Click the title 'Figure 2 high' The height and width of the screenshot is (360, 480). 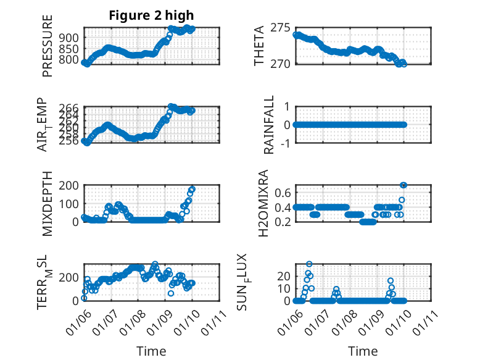tap(151, 15)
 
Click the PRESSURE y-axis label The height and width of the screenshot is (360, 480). tap(48, 46)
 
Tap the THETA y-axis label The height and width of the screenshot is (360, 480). tap(259, 46)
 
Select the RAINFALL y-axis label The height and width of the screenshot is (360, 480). tap(269, 125)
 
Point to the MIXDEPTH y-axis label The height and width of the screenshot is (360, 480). tap(48, 204)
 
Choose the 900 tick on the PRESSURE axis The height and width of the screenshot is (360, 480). tap(70, 38)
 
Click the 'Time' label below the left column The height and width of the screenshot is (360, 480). tap(151, 351)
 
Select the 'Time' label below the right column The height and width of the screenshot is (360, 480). tap(363, 351)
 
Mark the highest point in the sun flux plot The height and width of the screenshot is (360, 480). tap(309, 264)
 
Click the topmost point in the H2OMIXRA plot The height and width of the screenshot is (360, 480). tap(403, 185)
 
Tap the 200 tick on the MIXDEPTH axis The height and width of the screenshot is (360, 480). tap(70, 185)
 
